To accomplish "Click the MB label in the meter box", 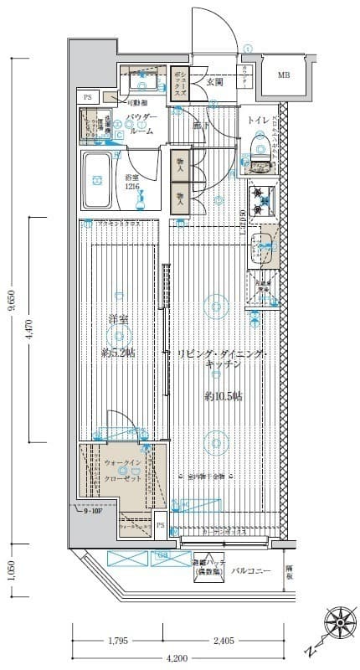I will pos(285,75).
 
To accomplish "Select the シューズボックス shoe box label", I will pos(179,84).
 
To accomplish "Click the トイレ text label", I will pos(257,121).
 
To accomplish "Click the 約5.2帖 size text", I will pos(117,353).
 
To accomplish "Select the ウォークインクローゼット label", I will pos(122,472).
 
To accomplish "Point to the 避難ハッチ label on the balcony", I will pos(200,566).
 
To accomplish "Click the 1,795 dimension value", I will pos(118,642).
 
